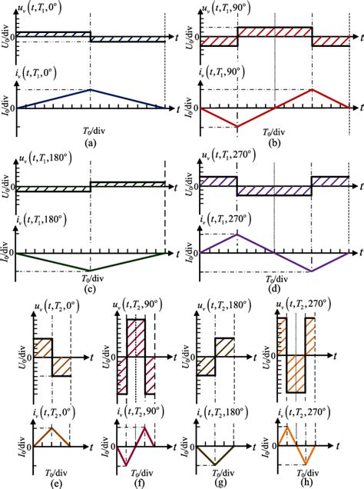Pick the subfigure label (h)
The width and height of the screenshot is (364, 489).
(x=304, y=482)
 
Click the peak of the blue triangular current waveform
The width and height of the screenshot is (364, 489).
(x=91, y=89)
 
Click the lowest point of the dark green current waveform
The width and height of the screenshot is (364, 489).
(x=91, y=271)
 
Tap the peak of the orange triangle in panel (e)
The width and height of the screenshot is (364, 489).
(x=51, y=428)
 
